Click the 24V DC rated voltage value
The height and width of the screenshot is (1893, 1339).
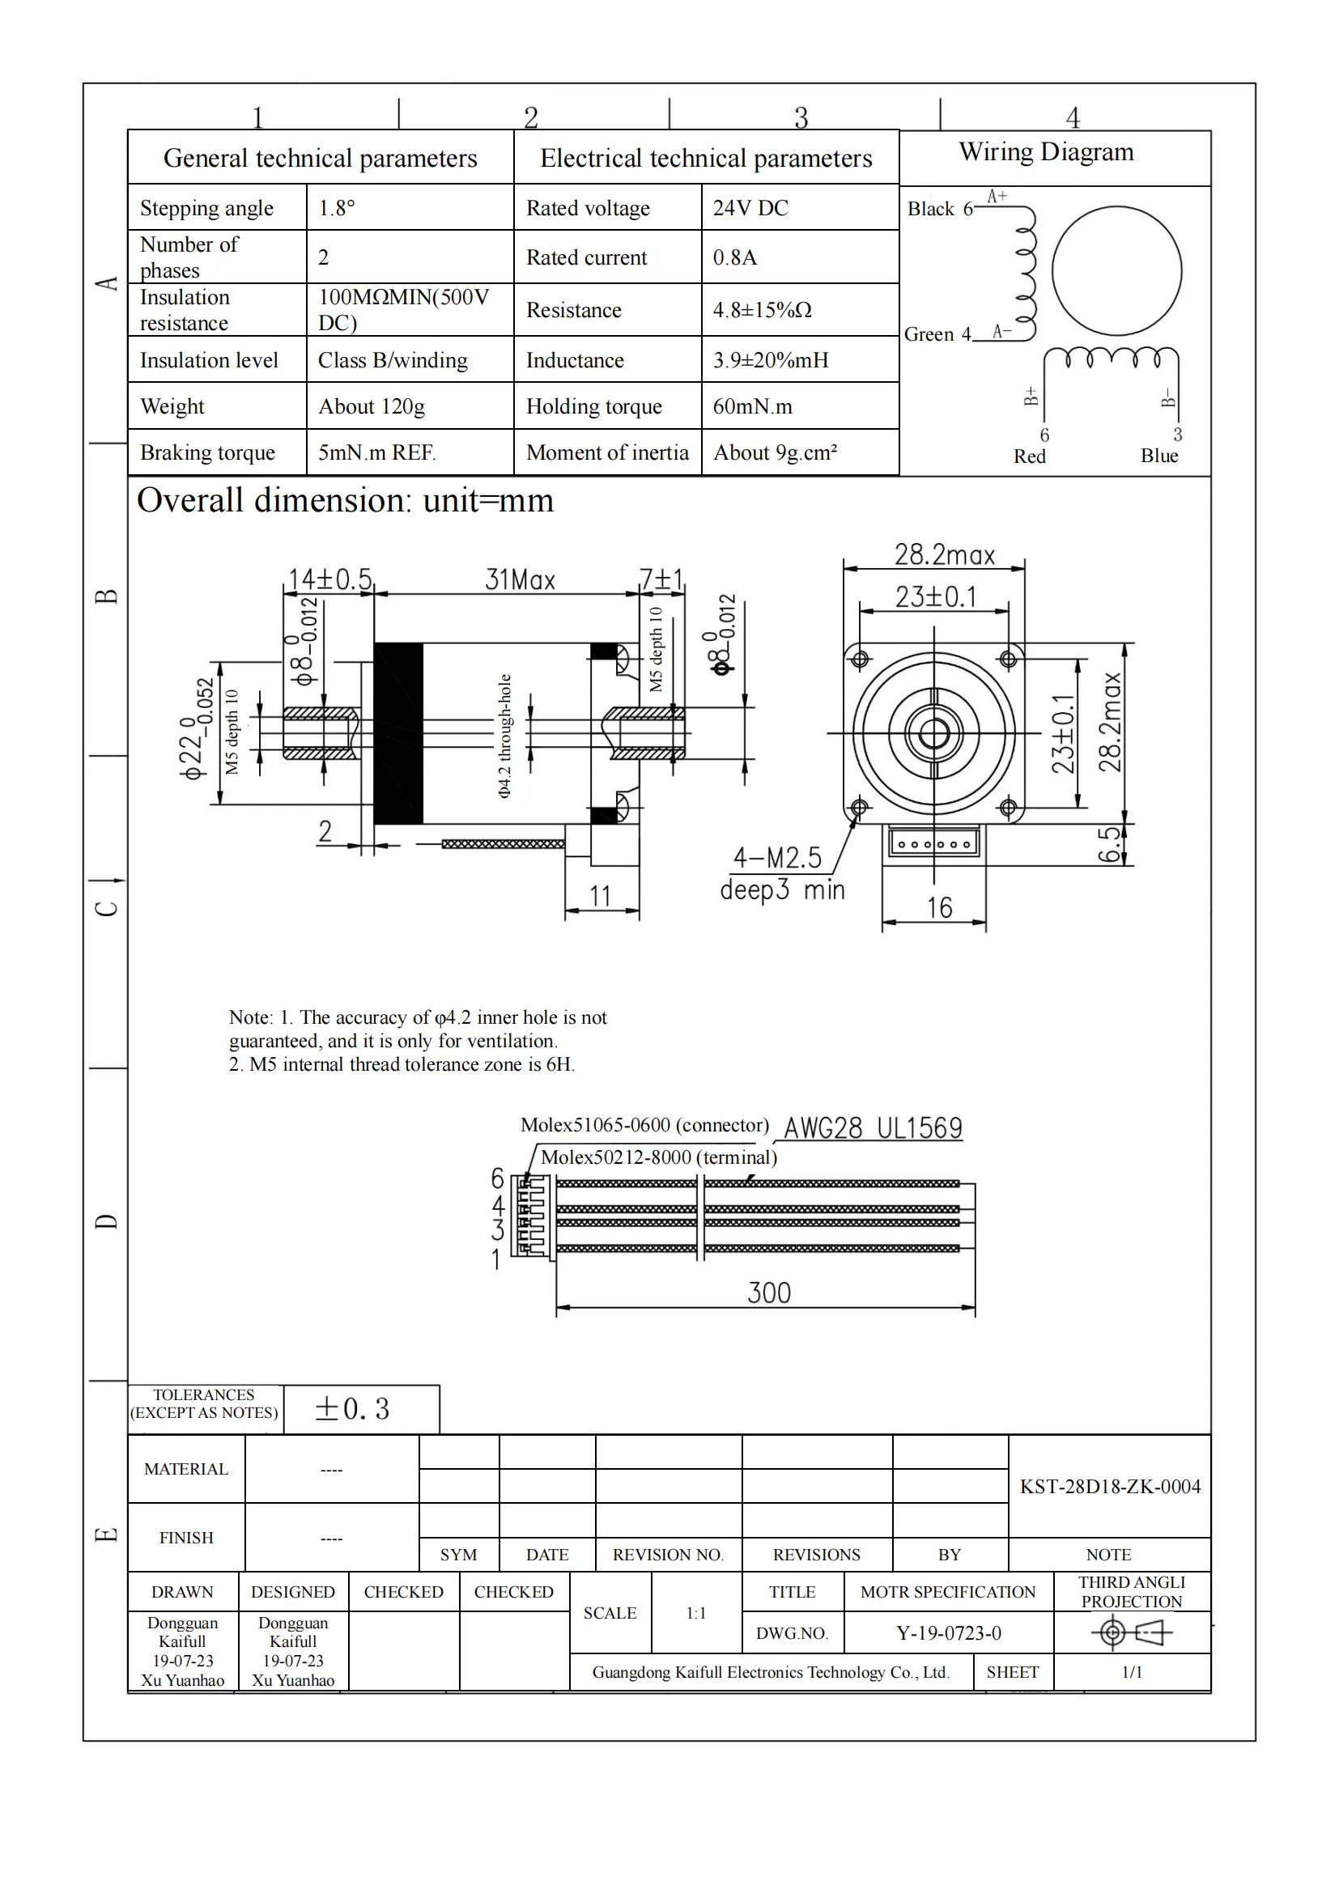tap(750, 208)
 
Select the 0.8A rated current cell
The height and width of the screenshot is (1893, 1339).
tap(734, 257)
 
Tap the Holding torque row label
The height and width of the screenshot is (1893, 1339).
tap(593, 406)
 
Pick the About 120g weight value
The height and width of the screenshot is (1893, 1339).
tap(372, 406)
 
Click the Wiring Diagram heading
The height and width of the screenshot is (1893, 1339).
tap(1046, 152)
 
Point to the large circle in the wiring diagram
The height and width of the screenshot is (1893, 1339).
tap(1116, 270)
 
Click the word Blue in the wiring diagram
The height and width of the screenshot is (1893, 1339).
tap(1159, 456)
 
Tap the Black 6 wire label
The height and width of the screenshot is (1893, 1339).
tap(940, 209)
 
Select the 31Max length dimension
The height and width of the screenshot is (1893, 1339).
tap(521, 579)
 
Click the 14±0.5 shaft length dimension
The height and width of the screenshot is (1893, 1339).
tap(329, 579)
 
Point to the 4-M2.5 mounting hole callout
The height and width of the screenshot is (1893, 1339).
tap(777, 858)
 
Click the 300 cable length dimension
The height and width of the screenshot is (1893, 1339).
tap(768, 1292)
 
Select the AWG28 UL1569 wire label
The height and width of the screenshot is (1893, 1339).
tap(873, 1127)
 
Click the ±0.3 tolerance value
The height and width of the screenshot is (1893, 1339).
tap(352, 1409)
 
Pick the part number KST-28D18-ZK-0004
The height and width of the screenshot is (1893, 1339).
tap(1110, 1487)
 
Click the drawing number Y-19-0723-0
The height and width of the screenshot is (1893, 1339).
tap(948, 1633)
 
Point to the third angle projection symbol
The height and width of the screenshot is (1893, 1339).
tap(1131, 1632)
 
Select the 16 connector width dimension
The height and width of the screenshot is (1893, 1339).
tap(939, 908)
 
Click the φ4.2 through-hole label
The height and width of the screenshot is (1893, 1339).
tap(504, 736)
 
